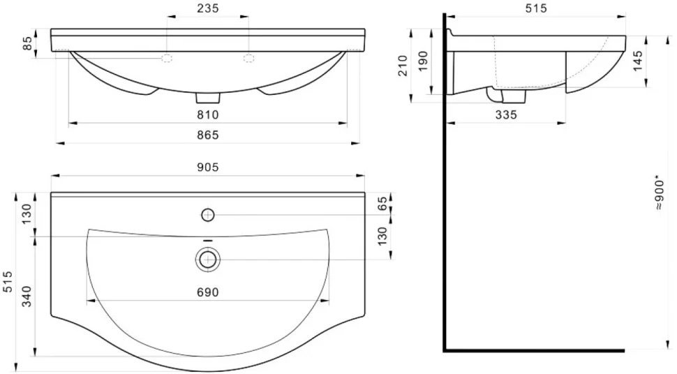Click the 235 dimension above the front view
tap(208, 8)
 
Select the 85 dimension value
tap(27, 43)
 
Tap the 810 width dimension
tap(208, 115)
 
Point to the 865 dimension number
tap(208, 135)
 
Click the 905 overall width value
tap(208, 167)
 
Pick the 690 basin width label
tap(208, 292)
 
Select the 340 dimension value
tap(27, 297)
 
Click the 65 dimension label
tap(382, 204)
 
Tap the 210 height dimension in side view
tap(403, 65)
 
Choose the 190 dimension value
tap(423, 61)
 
